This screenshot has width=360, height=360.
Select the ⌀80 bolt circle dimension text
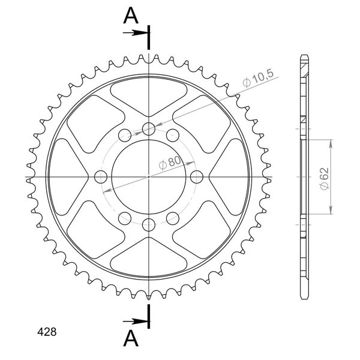(x=170, y=163)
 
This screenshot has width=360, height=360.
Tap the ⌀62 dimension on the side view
(x=325, y=179)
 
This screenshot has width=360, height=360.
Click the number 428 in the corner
(x=47, y=332)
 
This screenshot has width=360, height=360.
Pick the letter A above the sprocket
(x=131, y=16)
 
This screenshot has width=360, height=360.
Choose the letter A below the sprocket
(x=131, y=338)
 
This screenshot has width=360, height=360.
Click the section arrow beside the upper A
(x=135, y=33)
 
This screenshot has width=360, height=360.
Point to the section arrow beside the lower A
(x=135, y=321)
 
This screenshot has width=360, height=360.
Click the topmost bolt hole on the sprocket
(x=149, y=129)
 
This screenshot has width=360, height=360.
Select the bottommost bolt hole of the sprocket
(x=149, y=225)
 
